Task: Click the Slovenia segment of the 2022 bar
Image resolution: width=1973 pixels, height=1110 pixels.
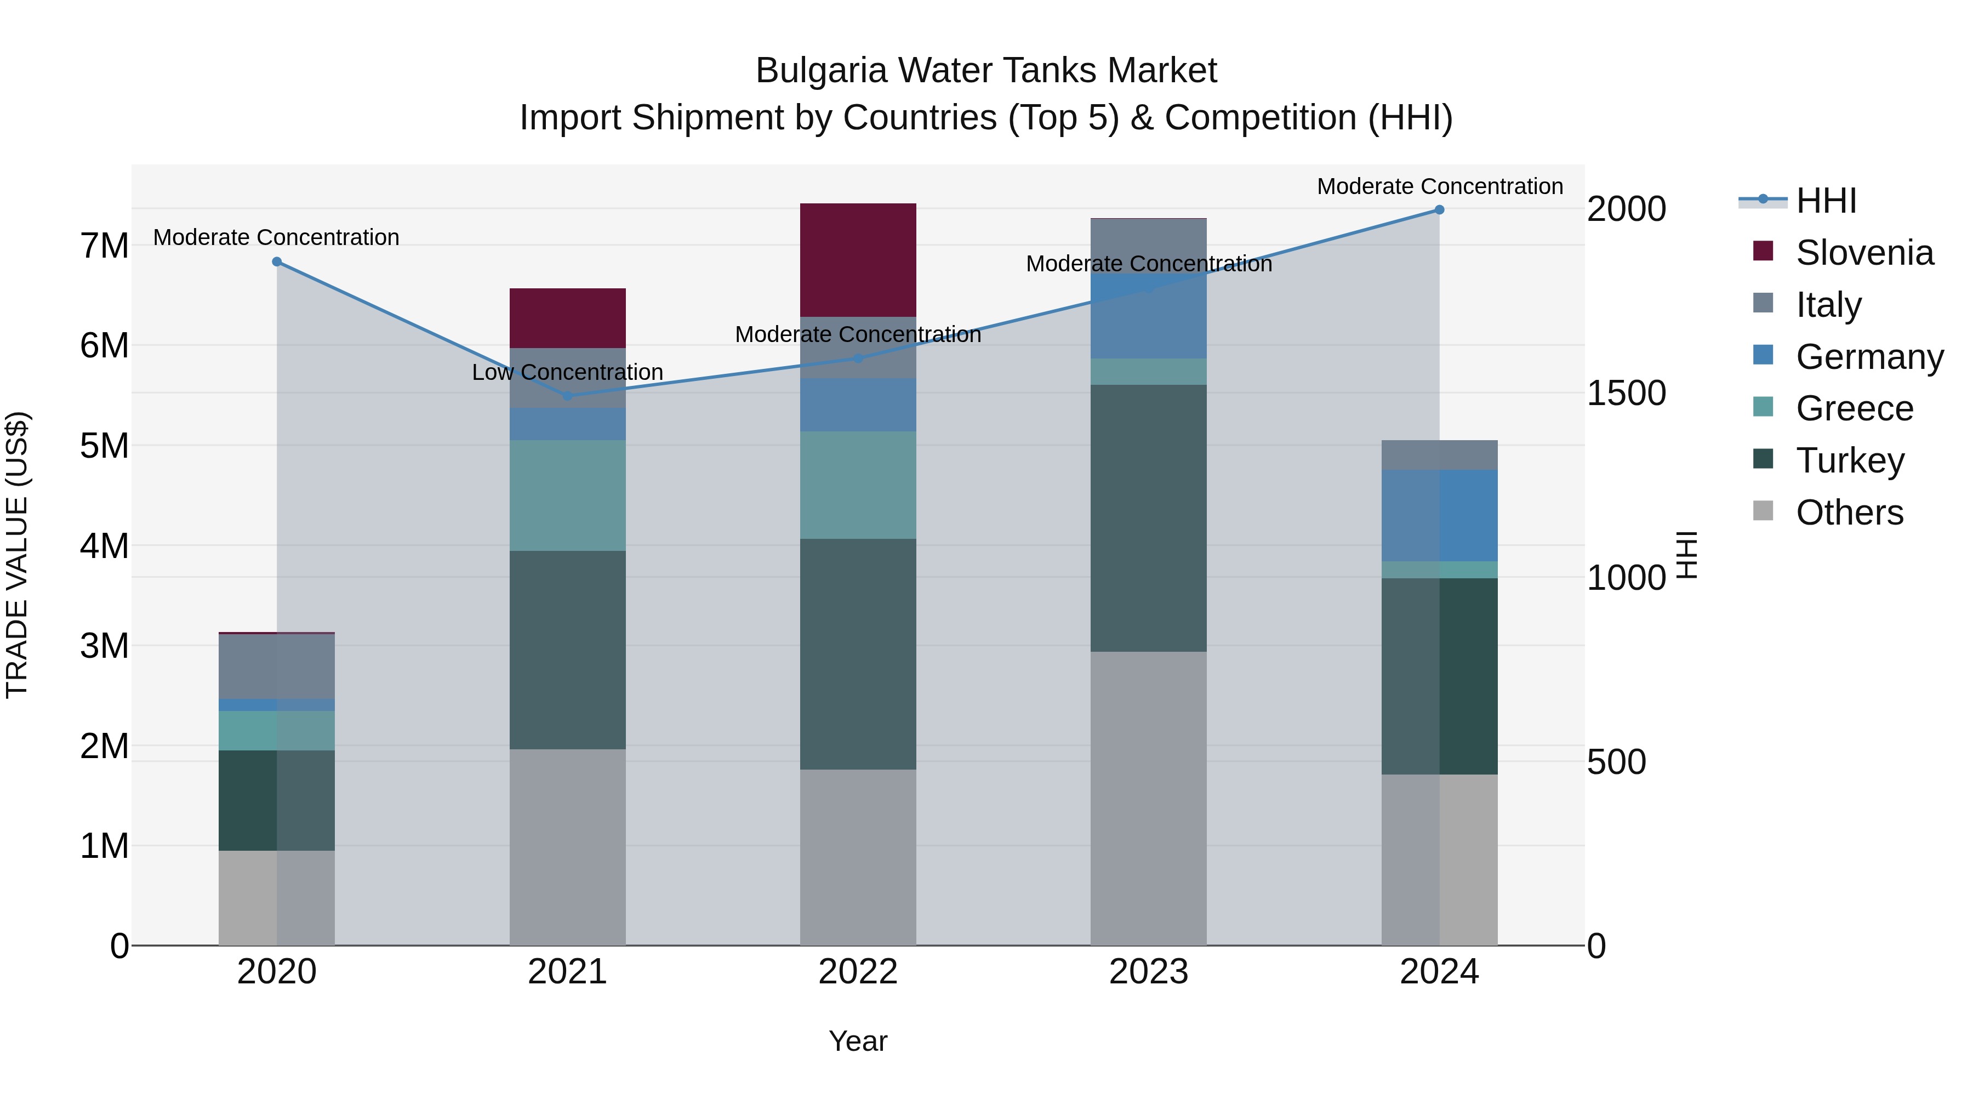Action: click(x=858, y=260)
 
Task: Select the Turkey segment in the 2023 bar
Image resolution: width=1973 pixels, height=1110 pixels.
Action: click(x=1148, y=518)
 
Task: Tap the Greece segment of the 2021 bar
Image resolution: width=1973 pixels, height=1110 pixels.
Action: click(x=568, y=495)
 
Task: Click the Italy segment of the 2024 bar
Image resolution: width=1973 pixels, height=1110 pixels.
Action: click(x=1439, y=454)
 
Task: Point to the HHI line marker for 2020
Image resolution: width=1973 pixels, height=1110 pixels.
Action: click(x=277, y=262)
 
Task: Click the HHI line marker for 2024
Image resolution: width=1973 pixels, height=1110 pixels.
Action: click(x=1439, y=210)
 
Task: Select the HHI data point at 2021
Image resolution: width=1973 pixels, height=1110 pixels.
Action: click(x=568, y=396)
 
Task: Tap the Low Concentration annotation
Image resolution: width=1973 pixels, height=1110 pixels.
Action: click(x=568, y=372)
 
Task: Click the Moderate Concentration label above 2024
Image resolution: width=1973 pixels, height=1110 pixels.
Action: click(x=1439, y=186)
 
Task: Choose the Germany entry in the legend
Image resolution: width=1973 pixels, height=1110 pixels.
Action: click(x=1869, y=357)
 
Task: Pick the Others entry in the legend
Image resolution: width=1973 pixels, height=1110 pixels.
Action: click(x=1849, y=513)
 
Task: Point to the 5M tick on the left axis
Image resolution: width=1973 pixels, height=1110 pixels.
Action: click(x=104, y=446)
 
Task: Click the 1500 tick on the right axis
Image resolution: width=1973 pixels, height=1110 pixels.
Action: click(x=1626, y=393)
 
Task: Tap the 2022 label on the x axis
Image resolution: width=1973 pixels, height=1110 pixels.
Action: click(x=858, y=972)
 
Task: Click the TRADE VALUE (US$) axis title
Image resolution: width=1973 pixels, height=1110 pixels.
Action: click(x=18, y=555)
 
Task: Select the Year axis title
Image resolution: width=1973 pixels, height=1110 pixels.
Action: click(x=858, y=1041)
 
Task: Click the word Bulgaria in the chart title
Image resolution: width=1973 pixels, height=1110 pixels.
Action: click(x=820, y=71)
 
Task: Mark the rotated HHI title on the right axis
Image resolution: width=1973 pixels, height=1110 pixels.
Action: click(x=1687, y=555)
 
